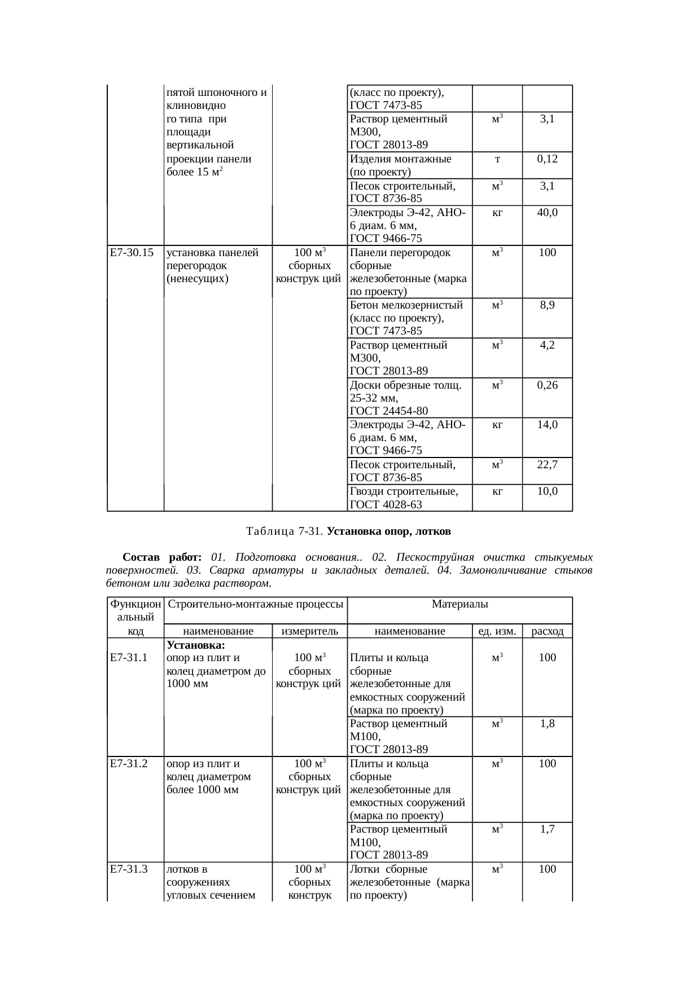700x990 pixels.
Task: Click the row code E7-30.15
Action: pyautogui.click(x=132, y=253)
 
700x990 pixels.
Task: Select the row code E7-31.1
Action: pyautogui.click(x=129, y=657)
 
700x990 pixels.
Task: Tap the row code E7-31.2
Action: pyautogui.click(x=129, y=763)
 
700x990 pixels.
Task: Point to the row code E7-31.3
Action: pyautogui.click(x=129, y=869)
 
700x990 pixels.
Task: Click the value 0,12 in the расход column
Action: pyautogui.click(x=547, y=159)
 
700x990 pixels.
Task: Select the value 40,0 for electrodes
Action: pyautogui.click(x=547, y=213)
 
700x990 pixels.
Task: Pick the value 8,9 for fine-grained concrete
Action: pyautogui.click(x=547, y=305)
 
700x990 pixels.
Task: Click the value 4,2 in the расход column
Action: pyautogui.click(x=547, y=345)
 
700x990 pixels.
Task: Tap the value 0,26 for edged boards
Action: pyautogui.click(x=547, y=385)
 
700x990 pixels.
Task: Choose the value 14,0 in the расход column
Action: pyautogui.click(x=547, y=425)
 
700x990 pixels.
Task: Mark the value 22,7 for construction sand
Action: pyautogui.click(x=547, y=464)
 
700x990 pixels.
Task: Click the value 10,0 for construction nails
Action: pyautogui.click(x=547, y=491)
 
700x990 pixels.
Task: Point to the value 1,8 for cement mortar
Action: pyautogui.click(x=547, y=723)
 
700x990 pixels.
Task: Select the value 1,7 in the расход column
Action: pyautogui.click(x=547, y=829)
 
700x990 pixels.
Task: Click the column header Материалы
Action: pyautogui.click(x=460, y=604)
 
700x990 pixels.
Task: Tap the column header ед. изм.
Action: pyautogui.click(x=497, y=631)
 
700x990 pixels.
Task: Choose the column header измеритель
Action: pyautogui.click(x=309, y=631)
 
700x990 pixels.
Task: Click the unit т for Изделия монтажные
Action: pyautogui.click(x=497, y=159)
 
